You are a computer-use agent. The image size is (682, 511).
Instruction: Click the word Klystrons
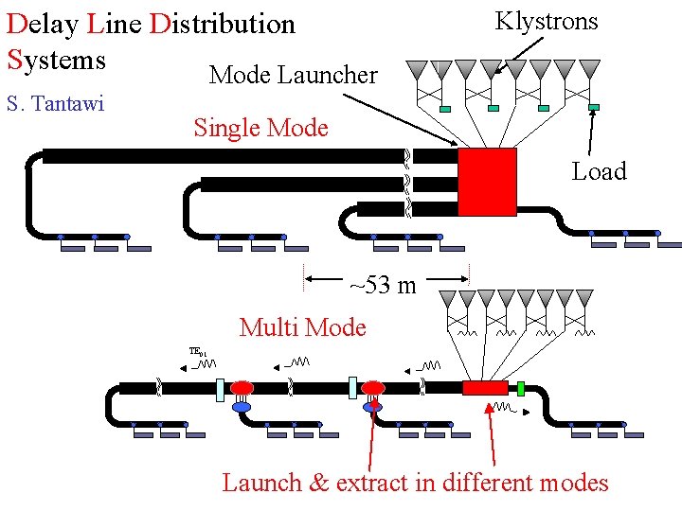[547, 21]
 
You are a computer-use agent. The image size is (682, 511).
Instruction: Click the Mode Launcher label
[293, 75]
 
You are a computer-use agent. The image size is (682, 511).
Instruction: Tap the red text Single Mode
[260, 128]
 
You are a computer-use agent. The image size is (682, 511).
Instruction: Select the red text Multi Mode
[302, 327]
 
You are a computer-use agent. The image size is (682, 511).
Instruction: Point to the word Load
[599, 171]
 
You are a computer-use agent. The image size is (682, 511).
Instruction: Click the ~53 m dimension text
[383, 285]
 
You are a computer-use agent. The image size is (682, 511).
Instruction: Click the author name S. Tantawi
[55, 102]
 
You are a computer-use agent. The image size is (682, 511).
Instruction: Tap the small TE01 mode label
[197, 352]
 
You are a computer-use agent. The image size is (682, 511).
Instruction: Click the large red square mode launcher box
[487, 182]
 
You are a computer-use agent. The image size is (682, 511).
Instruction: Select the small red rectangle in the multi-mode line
[485, 388]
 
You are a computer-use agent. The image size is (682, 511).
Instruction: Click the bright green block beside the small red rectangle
[521, 388]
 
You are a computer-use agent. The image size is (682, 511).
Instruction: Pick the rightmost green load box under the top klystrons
[594, 108]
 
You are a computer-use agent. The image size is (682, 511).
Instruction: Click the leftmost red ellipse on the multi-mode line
[242, 387]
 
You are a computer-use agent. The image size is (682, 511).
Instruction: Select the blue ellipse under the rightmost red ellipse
[373, 407]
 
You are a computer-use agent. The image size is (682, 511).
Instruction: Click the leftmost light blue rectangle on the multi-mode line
[220, 388]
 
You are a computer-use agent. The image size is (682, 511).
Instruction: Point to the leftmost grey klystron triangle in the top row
[417, 69]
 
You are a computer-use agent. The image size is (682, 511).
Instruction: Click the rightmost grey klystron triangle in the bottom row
[584, 298]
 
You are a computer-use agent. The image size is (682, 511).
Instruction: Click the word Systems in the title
[56, 60]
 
